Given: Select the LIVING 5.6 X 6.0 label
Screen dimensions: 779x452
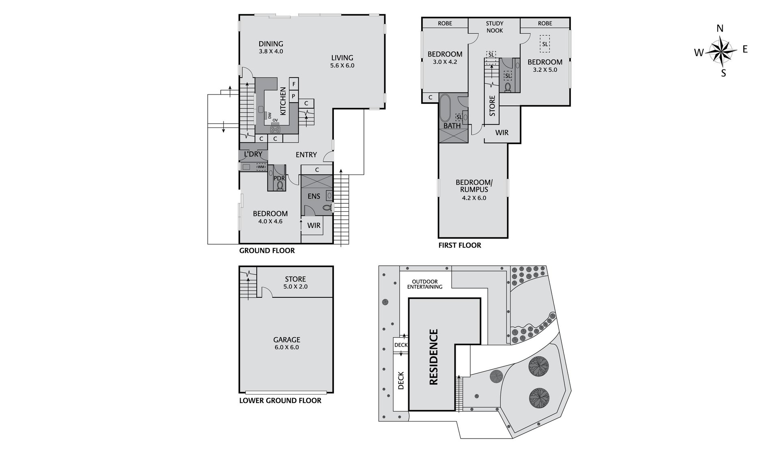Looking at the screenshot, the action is click(x=342, y=61).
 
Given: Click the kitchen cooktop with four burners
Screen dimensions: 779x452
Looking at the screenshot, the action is click(x=275, y=129).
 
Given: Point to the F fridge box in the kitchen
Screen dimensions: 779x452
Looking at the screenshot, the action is click(x=294, y=84).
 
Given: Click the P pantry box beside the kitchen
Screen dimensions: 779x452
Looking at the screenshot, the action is click(x=294, y=96).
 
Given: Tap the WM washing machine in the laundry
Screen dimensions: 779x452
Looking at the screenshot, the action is click(x=261, y=167).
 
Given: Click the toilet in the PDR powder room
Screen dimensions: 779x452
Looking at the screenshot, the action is click(x=280, y=185).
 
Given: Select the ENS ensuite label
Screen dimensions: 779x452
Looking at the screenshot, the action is click(x=314, y=196).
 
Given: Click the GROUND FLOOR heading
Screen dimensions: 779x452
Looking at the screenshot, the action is click(x=267, y=251).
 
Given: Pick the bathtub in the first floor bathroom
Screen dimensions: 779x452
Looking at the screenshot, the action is click(x=445, y=109).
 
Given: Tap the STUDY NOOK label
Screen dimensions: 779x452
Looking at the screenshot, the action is click(x=495, y=27).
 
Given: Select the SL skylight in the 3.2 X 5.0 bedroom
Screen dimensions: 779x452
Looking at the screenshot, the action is click(x=545, y=44).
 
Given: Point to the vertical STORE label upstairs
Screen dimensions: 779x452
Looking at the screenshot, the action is click(x=492, y=106).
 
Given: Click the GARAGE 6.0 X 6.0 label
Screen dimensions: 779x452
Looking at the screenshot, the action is click(x=287, y=343).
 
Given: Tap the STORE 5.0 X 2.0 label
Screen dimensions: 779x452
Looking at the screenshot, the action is click(x=295, y=282).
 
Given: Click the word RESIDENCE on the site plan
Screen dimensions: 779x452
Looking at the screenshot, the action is click(x=433, y=357).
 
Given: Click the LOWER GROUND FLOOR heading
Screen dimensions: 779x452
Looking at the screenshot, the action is click(x=280, y=401).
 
